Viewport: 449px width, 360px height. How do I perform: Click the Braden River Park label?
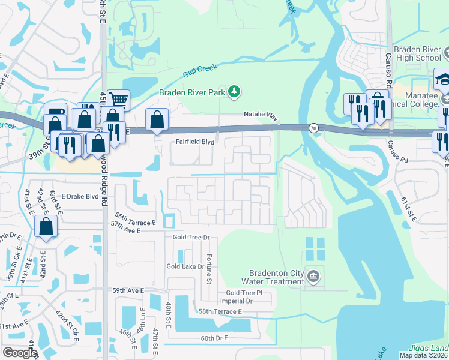191,92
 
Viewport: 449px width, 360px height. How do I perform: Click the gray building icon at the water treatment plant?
312,276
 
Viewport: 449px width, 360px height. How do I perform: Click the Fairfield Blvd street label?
194,142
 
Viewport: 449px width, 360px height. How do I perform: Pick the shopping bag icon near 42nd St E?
46,227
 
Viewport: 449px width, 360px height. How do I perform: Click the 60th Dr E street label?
214,338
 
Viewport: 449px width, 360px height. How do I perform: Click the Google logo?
20,352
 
